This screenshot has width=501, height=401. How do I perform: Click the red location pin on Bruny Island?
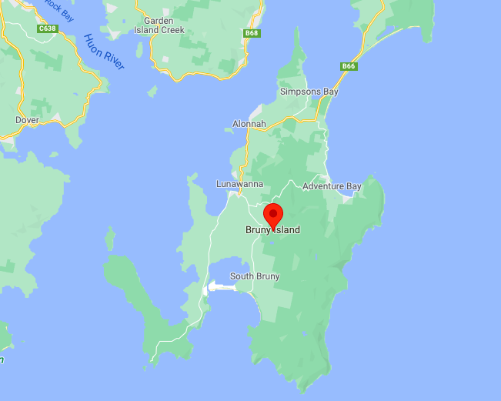pos(273,215)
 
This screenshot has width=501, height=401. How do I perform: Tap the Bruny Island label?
pos(272,230)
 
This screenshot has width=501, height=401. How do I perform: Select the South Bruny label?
pos(256,276)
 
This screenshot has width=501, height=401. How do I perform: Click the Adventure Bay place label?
pos(332,186)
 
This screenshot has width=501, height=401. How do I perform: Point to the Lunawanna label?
pos(239,184)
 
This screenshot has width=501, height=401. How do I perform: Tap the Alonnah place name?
pos(249,124)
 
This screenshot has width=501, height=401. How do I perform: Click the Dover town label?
pos(27,120)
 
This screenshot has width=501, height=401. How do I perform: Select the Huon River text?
pos(104,52)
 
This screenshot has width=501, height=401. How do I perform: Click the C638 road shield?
pos(48,29)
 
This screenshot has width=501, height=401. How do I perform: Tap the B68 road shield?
pos(252,33)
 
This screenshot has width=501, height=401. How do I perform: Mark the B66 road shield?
pos(349,67)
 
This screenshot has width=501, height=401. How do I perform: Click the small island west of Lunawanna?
pos(110,238)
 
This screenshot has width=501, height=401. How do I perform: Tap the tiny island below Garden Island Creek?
pos(152,91)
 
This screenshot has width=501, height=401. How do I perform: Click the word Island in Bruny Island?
pos(286,230)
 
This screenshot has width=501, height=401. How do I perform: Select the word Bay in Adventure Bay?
pos(352,186)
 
